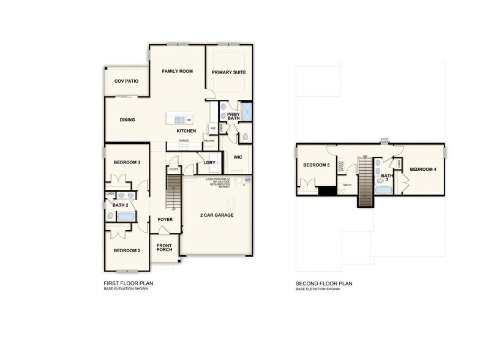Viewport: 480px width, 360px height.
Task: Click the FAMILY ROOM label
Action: point(177,71)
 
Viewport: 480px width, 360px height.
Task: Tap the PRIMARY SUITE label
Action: point(229,72)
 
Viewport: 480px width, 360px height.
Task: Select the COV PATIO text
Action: point(126,81)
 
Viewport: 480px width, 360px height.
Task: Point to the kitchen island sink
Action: point(179,119)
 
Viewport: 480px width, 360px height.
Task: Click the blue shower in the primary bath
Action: point(246,111)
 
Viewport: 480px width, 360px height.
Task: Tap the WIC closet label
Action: point(238,156)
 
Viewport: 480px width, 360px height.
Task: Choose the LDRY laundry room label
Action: point(210,162)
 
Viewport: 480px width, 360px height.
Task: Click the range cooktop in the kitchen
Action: point(184,145)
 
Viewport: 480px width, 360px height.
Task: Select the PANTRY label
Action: point(209,141)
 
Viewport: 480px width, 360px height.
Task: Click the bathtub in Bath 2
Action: point(126,216)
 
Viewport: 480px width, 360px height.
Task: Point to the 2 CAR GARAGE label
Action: point(217,216)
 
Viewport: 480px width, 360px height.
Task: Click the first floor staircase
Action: point(174,191)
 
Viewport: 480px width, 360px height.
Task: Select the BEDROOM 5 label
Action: point(316,165)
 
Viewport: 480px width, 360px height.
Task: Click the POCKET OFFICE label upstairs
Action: point(341,164)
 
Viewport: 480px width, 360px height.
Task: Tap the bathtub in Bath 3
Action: point(384,190)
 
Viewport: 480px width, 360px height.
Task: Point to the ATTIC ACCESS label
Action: point(384,140)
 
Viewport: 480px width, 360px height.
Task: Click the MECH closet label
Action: point(347,184)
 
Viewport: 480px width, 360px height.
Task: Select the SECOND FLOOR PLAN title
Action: point(324,283)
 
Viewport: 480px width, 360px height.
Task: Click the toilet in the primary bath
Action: point(245,137)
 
